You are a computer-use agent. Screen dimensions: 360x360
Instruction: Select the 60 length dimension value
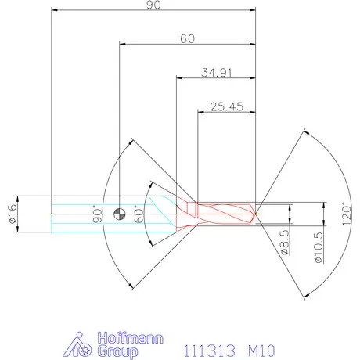188,38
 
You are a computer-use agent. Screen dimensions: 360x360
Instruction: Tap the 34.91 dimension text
218,73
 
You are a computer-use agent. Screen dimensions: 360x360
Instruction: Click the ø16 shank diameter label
13,213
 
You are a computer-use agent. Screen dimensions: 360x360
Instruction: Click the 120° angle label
347,213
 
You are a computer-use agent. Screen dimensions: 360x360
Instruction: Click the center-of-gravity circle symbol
118,214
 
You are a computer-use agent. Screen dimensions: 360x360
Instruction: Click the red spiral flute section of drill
227,212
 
